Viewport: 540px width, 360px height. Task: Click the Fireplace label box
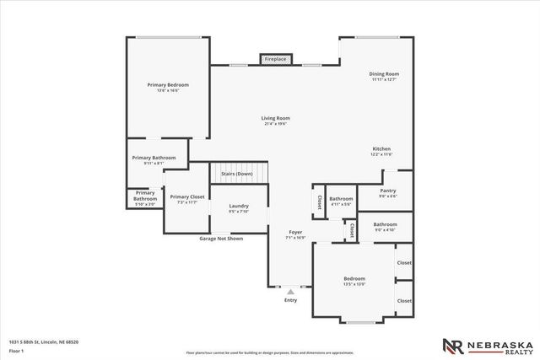tap(275, 59)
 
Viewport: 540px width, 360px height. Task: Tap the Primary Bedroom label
tap(168, 85)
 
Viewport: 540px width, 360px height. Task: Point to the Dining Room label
tap(384, 74)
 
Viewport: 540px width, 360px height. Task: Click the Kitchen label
tap(382, 149)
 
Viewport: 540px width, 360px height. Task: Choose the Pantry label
tap(388, 191)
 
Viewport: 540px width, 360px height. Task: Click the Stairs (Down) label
tap(237, 174)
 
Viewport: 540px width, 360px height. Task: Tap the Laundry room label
tap(239, 206)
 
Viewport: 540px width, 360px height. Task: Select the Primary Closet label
tap(186, 196)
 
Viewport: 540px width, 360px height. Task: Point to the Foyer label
tap(295, 232)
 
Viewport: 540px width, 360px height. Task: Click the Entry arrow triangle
tap(291, 292)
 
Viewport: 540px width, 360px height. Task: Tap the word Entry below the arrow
tap(291, 300)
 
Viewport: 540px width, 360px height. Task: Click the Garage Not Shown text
tap(221, 239)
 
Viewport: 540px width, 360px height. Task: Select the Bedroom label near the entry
tap(354, 279)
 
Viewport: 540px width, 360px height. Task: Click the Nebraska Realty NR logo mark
tap(451, 346)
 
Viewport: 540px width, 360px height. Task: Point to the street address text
tap(44, 341)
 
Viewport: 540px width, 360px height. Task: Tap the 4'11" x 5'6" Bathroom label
tap(341, 200)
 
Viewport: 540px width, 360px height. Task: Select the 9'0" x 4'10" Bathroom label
tap(386, 224)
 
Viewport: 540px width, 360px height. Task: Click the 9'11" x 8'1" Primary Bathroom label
tap(153, 158)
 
